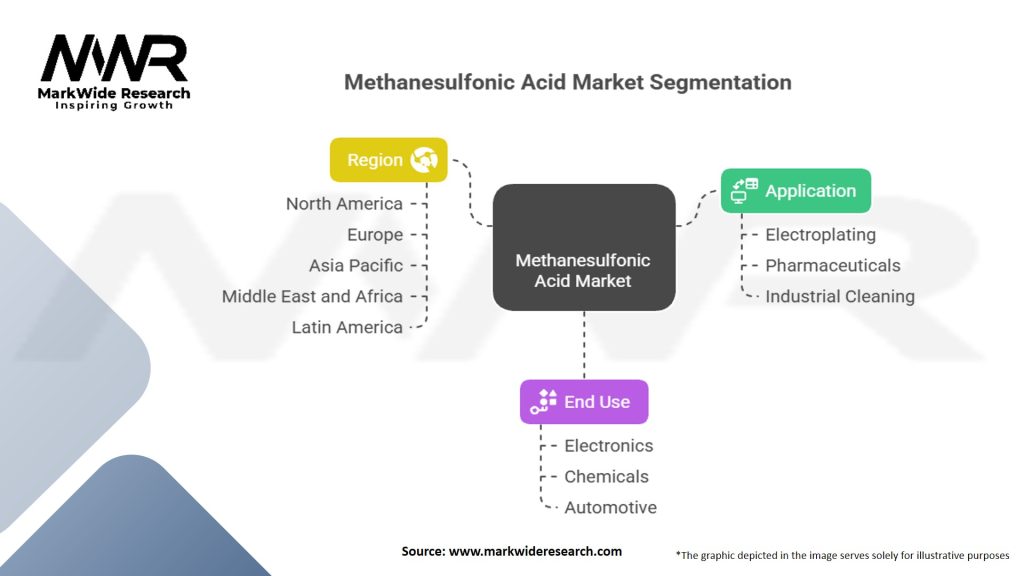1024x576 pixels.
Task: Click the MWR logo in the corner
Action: [115, 71]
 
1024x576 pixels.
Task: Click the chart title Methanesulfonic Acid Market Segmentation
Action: [567, 82]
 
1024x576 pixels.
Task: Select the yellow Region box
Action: [389, 160]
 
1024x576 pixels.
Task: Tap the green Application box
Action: [796, 190]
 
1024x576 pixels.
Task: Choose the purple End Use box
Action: [583, 402]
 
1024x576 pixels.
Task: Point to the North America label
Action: [344, 204]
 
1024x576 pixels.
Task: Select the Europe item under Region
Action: [374, 235]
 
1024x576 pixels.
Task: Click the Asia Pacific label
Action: [356, 266]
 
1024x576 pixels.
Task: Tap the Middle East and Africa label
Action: [312, 297]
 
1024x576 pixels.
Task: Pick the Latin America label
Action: [347, 328]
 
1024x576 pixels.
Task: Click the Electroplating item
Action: [820, 235]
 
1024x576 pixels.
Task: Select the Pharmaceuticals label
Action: [832, 266]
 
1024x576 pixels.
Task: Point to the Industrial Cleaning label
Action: [839, 297]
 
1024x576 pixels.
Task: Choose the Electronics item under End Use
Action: [608, 446]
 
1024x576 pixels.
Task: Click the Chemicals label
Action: [606, 477]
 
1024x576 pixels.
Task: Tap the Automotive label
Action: [610, 508]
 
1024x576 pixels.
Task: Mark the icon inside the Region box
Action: [423, 160]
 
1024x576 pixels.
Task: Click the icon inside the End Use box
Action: [544, 401]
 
